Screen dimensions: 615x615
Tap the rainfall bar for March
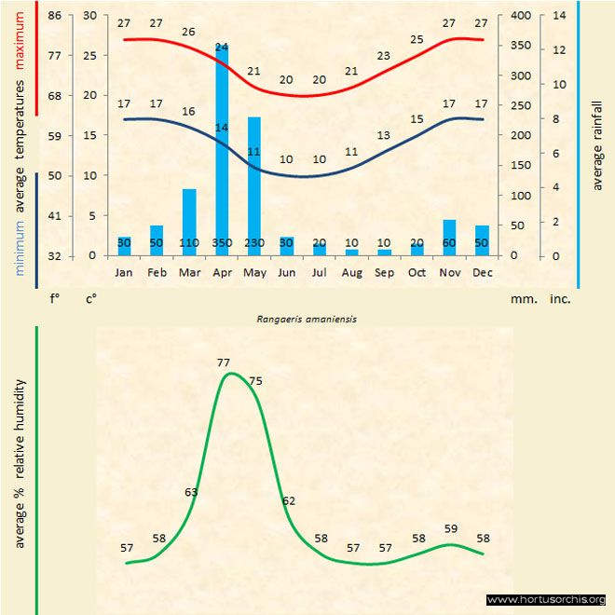[189, 219]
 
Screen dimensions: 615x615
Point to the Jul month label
[320, 273]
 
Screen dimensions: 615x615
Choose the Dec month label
[482, 273]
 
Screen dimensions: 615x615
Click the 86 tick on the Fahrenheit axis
[55, 16]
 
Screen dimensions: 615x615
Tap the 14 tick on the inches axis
[559, 16]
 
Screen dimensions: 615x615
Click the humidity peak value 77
[223, 362]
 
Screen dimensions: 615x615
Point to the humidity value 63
[192, 492]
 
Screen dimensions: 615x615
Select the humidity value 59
[451, 528]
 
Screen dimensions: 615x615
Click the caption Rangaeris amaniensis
[307, 318]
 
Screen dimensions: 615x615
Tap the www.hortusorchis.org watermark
[546, 600]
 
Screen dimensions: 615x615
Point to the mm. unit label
[522, 300]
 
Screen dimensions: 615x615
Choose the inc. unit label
[559, 300]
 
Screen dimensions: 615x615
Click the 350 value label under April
[222, 242]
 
